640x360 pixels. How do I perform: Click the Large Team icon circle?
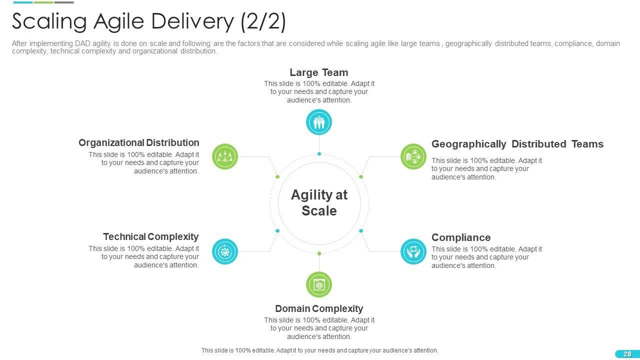[x=319, y=122]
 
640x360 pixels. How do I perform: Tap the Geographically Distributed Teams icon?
[x=413, y=156]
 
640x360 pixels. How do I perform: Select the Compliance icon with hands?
[x=413, y=251]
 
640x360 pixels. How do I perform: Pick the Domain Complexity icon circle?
[x=319, y=284]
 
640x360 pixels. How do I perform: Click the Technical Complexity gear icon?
[x=225, y=251]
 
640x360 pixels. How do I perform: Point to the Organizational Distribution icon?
[x=225, y=156]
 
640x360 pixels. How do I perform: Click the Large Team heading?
[x=319, y=72]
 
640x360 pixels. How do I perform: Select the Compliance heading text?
[x=461, y=237]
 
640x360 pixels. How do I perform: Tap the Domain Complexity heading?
[x=319, y=308]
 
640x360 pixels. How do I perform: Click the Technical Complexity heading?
[x=150, y=236]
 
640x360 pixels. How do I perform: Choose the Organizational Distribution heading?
[x=138, y=142]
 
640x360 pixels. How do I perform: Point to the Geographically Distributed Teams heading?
[x=517, y=144]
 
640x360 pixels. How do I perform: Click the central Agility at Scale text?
[x=319, y=202]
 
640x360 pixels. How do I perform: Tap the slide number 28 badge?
[x=627, y=354]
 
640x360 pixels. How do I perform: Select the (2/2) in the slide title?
[x=263, y=21]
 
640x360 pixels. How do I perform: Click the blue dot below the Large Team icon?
[x=319, y=154]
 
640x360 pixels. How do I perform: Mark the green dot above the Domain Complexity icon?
[x=319, y=253]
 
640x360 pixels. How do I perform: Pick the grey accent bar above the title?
[x=64, y=2]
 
